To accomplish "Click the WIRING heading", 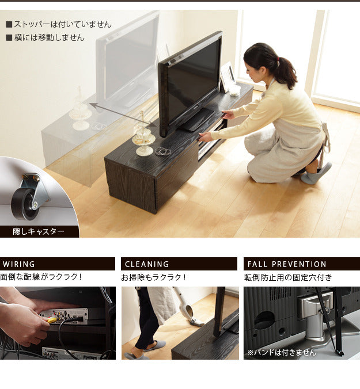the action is coord(19,264).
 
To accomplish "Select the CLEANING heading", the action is coord(147,264).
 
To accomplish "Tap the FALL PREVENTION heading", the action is coord(287,264).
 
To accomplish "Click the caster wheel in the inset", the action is coord(24,204).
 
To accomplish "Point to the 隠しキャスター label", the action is coord(39,231).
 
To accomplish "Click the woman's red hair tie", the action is coord(278,59).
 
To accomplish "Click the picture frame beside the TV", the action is coord(227,77).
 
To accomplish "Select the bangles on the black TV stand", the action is coord(163,151).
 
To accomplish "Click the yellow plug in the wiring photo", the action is coord(52,320).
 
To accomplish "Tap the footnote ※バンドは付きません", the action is coord(282,352).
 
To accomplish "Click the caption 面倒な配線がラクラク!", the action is coord(41,277).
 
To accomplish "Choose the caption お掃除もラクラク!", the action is coord(153,277).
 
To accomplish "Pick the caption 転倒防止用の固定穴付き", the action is coord(288,277).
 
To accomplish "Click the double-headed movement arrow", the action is coord(123,115).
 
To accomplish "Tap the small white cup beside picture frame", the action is coord(234,90).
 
